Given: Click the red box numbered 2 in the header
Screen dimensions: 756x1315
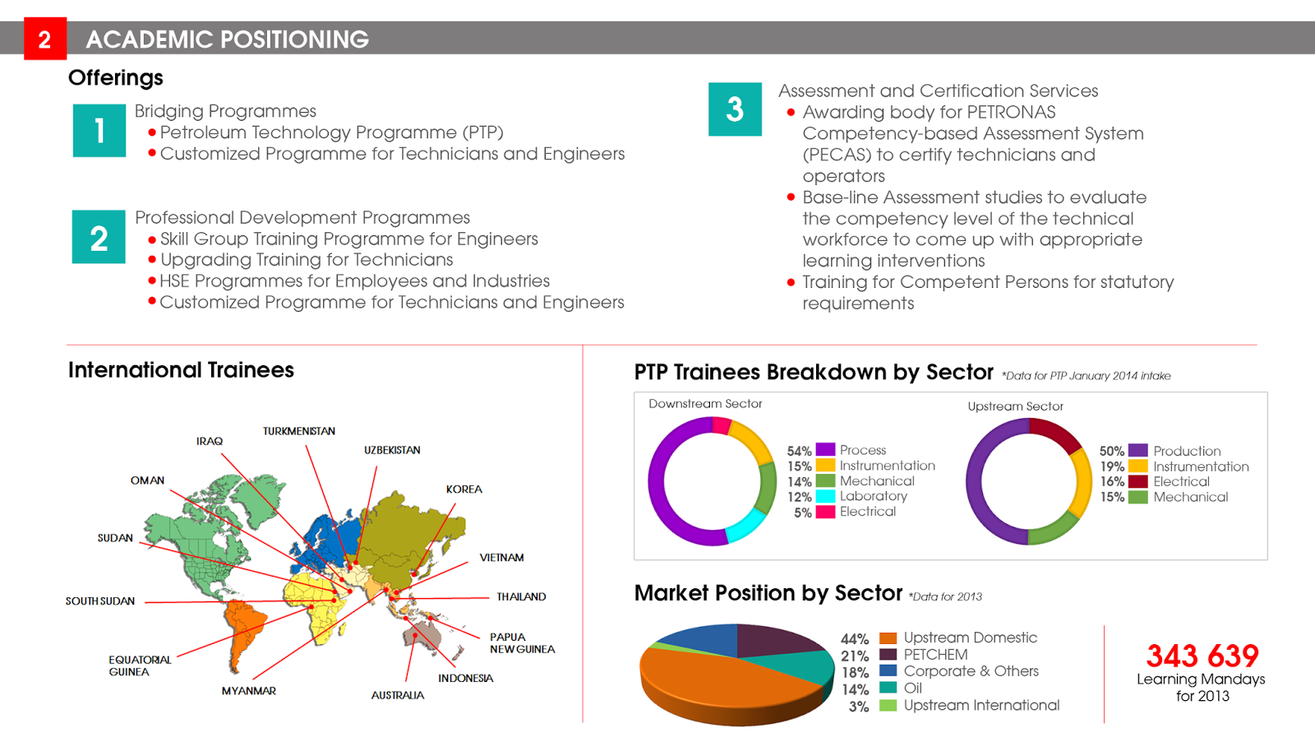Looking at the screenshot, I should point(44,39).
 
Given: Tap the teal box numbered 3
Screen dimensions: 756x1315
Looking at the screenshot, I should point(735,109).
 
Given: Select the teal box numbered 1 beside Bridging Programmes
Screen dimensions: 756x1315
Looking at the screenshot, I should point(99,130).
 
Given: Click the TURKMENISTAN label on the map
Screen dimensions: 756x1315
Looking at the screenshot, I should point(299,431).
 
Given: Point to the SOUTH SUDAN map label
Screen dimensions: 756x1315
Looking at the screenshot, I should point(100,601).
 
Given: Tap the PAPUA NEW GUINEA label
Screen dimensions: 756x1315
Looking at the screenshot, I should point(522,643).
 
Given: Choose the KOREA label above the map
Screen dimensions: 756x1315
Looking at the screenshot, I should point(464,489).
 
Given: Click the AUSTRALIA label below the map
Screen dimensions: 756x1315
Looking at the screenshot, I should point(398,695).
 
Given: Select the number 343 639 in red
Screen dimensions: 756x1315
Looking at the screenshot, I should point(1202,656).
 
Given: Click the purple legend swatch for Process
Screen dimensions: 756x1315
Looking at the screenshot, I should point(825,450).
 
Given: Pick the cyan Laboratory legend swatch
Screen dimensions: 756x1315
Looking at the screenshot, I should point(825,496).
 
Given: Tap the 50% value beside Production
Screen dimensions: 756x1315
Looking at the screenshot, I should point(1111,451).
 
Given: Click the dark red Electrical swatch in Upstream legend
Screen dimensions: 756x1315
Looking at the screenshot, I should point(1137,481).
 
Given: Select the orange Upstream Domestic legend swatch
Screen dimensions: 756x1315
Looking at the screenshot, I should point(888,638).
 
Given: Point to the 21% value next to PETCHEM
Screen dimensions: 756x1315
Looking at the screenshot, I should point(855,656).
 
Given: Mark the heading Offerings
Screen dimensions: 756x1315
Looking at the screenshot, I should point(116,78).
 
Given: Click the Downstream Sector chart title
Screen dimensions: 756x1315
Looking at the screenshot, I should point(705,404).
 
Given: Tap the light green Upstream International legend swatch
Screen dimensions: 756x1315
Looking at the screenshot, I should point(888,705).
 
